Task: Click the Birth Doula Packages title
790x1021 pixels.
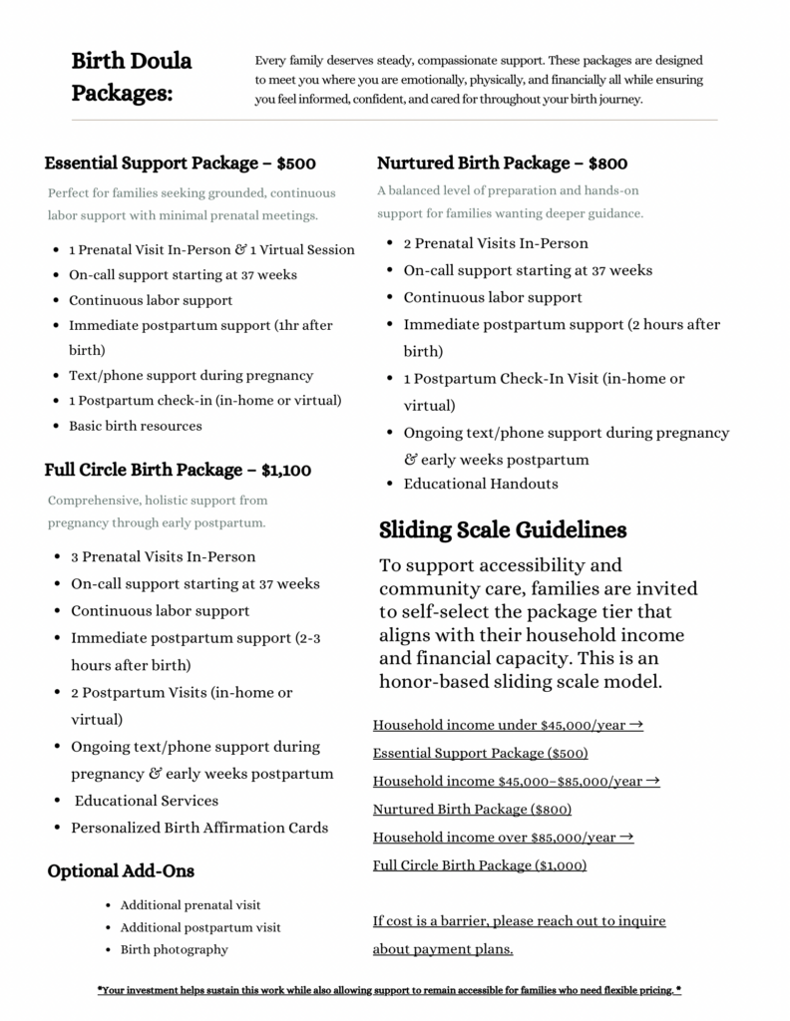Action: tap(132, 77)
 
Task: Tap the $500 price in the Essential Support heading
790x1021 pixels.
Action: tap(296, 164)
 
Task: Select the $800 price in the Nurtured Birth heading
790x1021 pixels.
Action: tap(607, 164)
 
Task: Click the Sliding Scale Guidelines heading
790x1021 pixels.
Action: tap(503, 529)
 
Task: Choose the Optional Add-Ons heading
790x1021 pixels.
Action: tap(121, 871)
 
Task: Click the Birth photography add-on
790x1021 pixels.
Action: tap(175, 949)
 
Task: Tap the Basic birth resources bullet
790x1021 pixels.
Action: tap(136, 426)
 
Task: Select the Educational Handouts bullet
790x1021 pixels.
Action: tap(481, 484)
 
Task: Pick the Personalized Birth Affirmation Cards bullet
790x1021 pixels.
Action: tap(199, 828)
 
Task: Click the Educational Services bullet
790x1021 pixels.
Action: tap(147, 801)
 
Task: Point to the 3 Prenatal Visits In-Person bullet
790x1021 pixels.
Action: tap(164, 556)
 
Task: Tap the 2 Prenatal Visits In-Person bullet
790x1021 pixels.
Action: tap(496, 243)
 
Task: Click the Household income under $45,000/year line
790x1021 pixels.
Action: tap(508, 725)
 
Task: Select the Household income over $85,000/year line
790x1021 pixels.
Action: tap(504, 837)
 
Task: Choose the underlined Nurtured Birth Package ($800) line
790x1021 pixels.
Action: tap(472, 809)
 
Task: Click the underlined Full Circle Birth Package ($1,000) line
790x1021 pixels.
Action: tap(480, 864)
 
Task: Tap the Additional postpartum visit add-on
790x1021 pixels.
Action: tap(200, 927)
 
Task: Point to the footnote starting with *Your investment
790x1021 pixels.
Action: tap(389, 990)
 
